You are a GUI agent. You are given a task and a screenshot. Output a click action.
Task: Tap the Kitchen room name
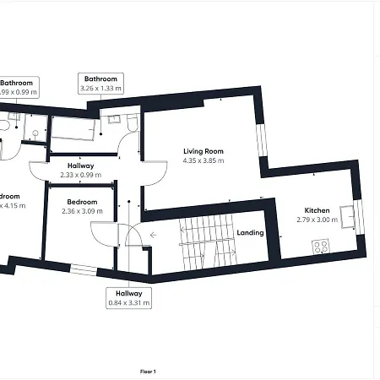point(317,210)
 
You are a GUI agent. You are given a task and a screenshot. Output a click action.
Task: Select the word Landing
point(250,233)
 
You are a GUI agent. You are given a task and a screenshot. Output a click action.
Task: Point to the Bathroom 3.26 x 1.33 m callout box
point(99,83)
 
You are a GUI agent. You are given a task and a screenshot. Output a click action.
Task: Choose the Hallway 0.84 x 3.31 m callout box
point(128,297)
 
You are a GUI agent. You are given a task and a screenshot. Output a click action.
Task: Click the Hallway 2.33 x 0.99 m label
point(80,175)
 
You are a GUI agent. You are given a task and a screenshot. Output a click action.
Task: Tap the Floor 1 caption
point(148,371)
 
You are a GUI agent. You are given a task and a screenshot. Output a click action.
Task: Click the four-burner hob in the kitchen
point(322,247)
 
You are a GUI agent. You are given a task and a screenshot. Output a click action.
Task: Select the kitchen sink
point(347,212)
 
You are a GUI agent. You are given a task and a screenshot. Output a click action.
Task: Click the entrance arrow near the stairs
point(152,236)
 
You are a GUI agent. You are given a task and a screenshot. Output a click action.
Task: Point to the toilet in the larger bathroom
point(132,126)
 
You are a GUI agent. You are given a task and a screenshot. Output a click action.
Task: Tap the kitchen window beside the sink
point(358,216)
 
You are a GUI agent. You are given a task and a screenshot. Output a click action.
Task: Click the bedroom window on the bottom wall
point(83,269)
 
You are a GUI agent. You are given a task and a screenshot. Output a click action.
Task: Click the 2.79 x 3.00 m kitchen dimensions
point(317,220)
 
